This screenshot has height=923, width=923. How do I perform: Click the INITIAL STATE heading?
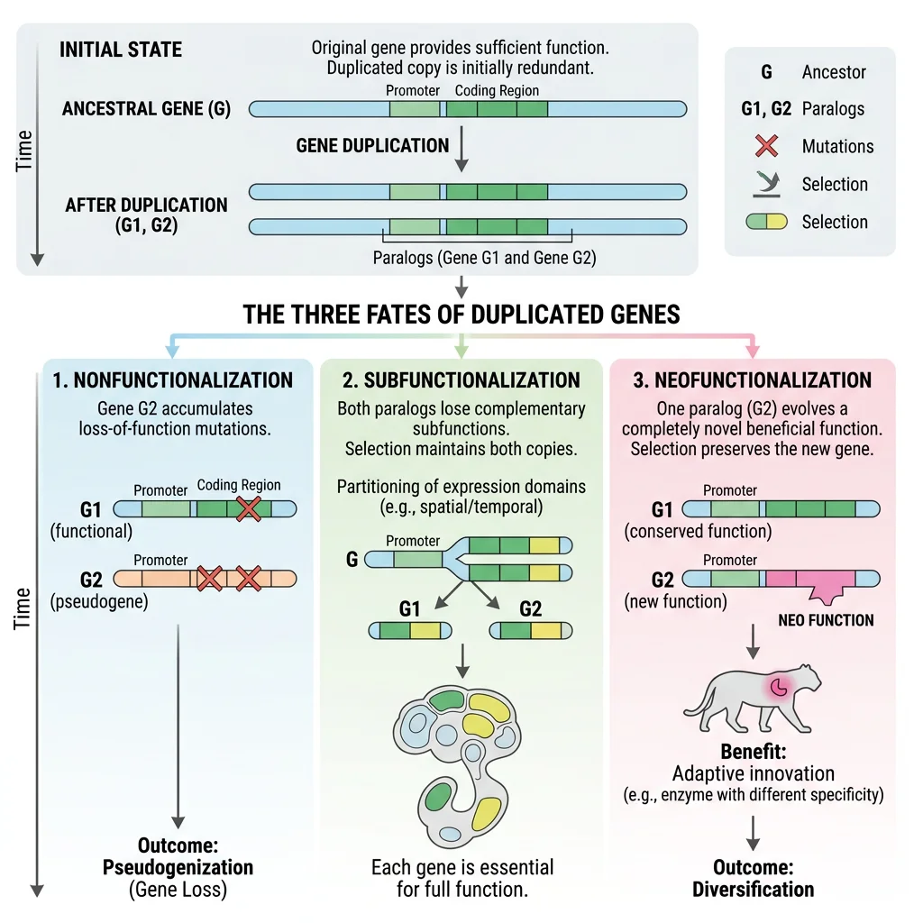[x=121, y=50]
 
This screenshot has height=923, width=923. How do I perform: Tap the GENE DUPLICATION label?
[x=372, y=145]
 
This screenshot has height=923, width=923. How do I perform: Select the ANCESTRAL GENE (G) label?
[x=146, y=110]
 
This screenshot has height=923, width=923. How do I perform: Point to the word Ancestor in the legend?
[x=834, y=72]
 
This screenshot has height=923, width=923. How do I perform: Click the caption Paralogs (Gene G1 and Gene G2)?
[x=484, y=258]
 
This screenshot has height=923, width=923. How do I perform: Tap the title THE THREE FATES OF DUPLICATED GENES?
[x=461, y=315]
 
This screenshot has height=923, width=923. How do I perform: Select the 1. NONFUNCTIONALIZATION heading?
[x=173, y=379]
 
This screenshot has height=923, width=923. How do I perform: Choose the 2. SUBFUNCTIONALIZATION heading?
[x=461, y=379]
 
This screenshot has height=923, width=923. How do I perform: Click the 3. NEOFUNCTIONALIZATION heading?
[x=752, y=379]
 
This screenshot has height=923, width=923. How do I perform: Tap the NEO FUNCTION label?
[x=826, y=620]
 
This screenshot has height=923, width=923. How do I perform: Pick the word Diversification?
[x=753, y=889]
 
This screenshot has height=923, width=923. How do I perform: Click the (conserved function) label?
[x=698, y=531]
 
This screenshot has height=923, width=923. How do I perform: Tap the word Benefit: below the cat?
[x=753, y=752]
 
